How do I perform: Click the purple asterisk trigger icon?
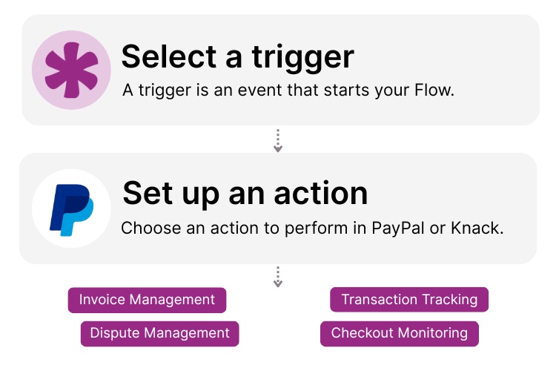[70, 70]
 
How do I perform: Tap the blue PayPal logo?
[71, 209]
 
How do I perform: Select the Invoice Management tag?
[147, 300]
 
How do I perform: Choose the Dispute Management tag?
[159, 333]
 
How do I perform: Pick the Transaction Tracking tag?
[409, 300]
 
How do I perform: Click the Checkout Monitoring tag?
[399, 333]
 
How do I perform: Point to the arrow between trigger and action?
[278, 141]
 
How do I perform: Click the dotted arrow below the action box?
[278, 277]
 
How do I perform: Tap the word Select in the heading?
[168, 57]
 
